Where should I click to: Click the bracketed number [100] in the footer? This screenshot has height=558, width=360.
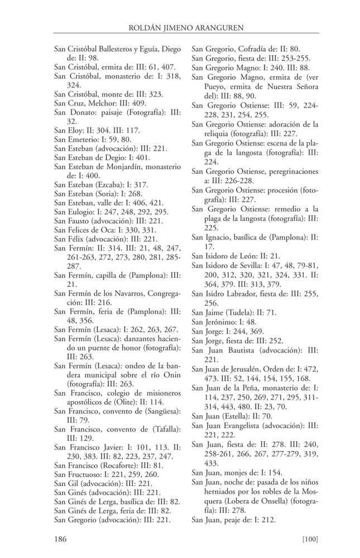point(309,538)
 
